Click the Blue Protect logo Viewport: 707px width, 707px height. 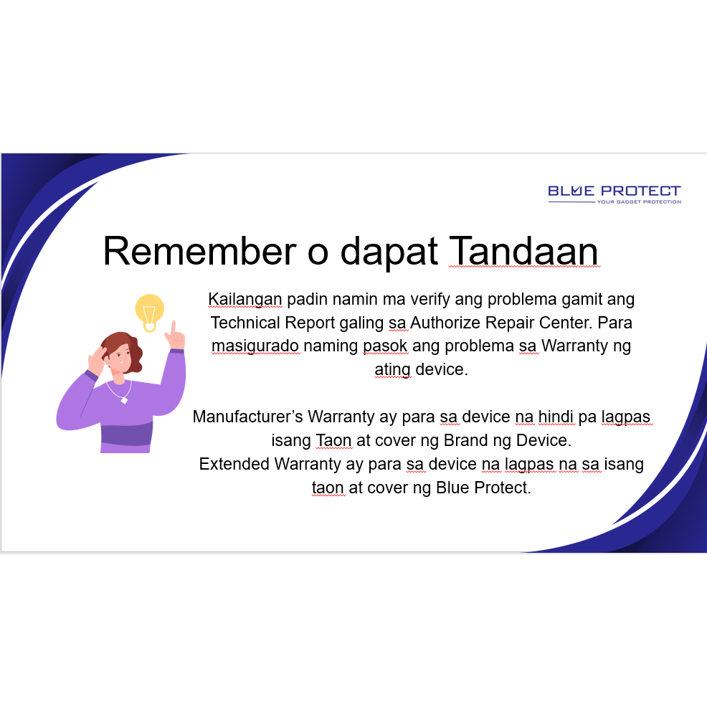[614, 194]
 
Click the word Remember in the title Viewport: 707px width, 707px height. [200, 251]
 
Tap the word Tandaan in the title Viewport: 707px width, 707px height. [524, 251]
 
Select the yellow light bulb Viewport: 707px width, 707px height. [150, 312]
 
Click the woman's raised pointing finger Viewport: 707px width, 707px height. [173, 328]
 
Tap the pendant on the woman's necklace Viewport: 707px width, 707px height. [125, 399]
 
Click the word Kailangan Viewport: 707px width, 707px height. [245, 300]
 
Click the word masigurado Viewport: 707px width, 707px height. [255, 346]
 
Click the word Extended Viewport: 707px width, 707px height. [234, 464]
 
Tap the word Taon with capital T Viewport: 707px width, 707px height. [333, 440]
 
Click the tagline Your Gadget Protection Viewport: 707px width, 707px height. [640, 201]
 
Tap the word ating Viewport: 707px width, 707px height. [392, 370]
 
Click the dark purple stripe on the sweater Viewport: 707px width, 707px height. [127, 435]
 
